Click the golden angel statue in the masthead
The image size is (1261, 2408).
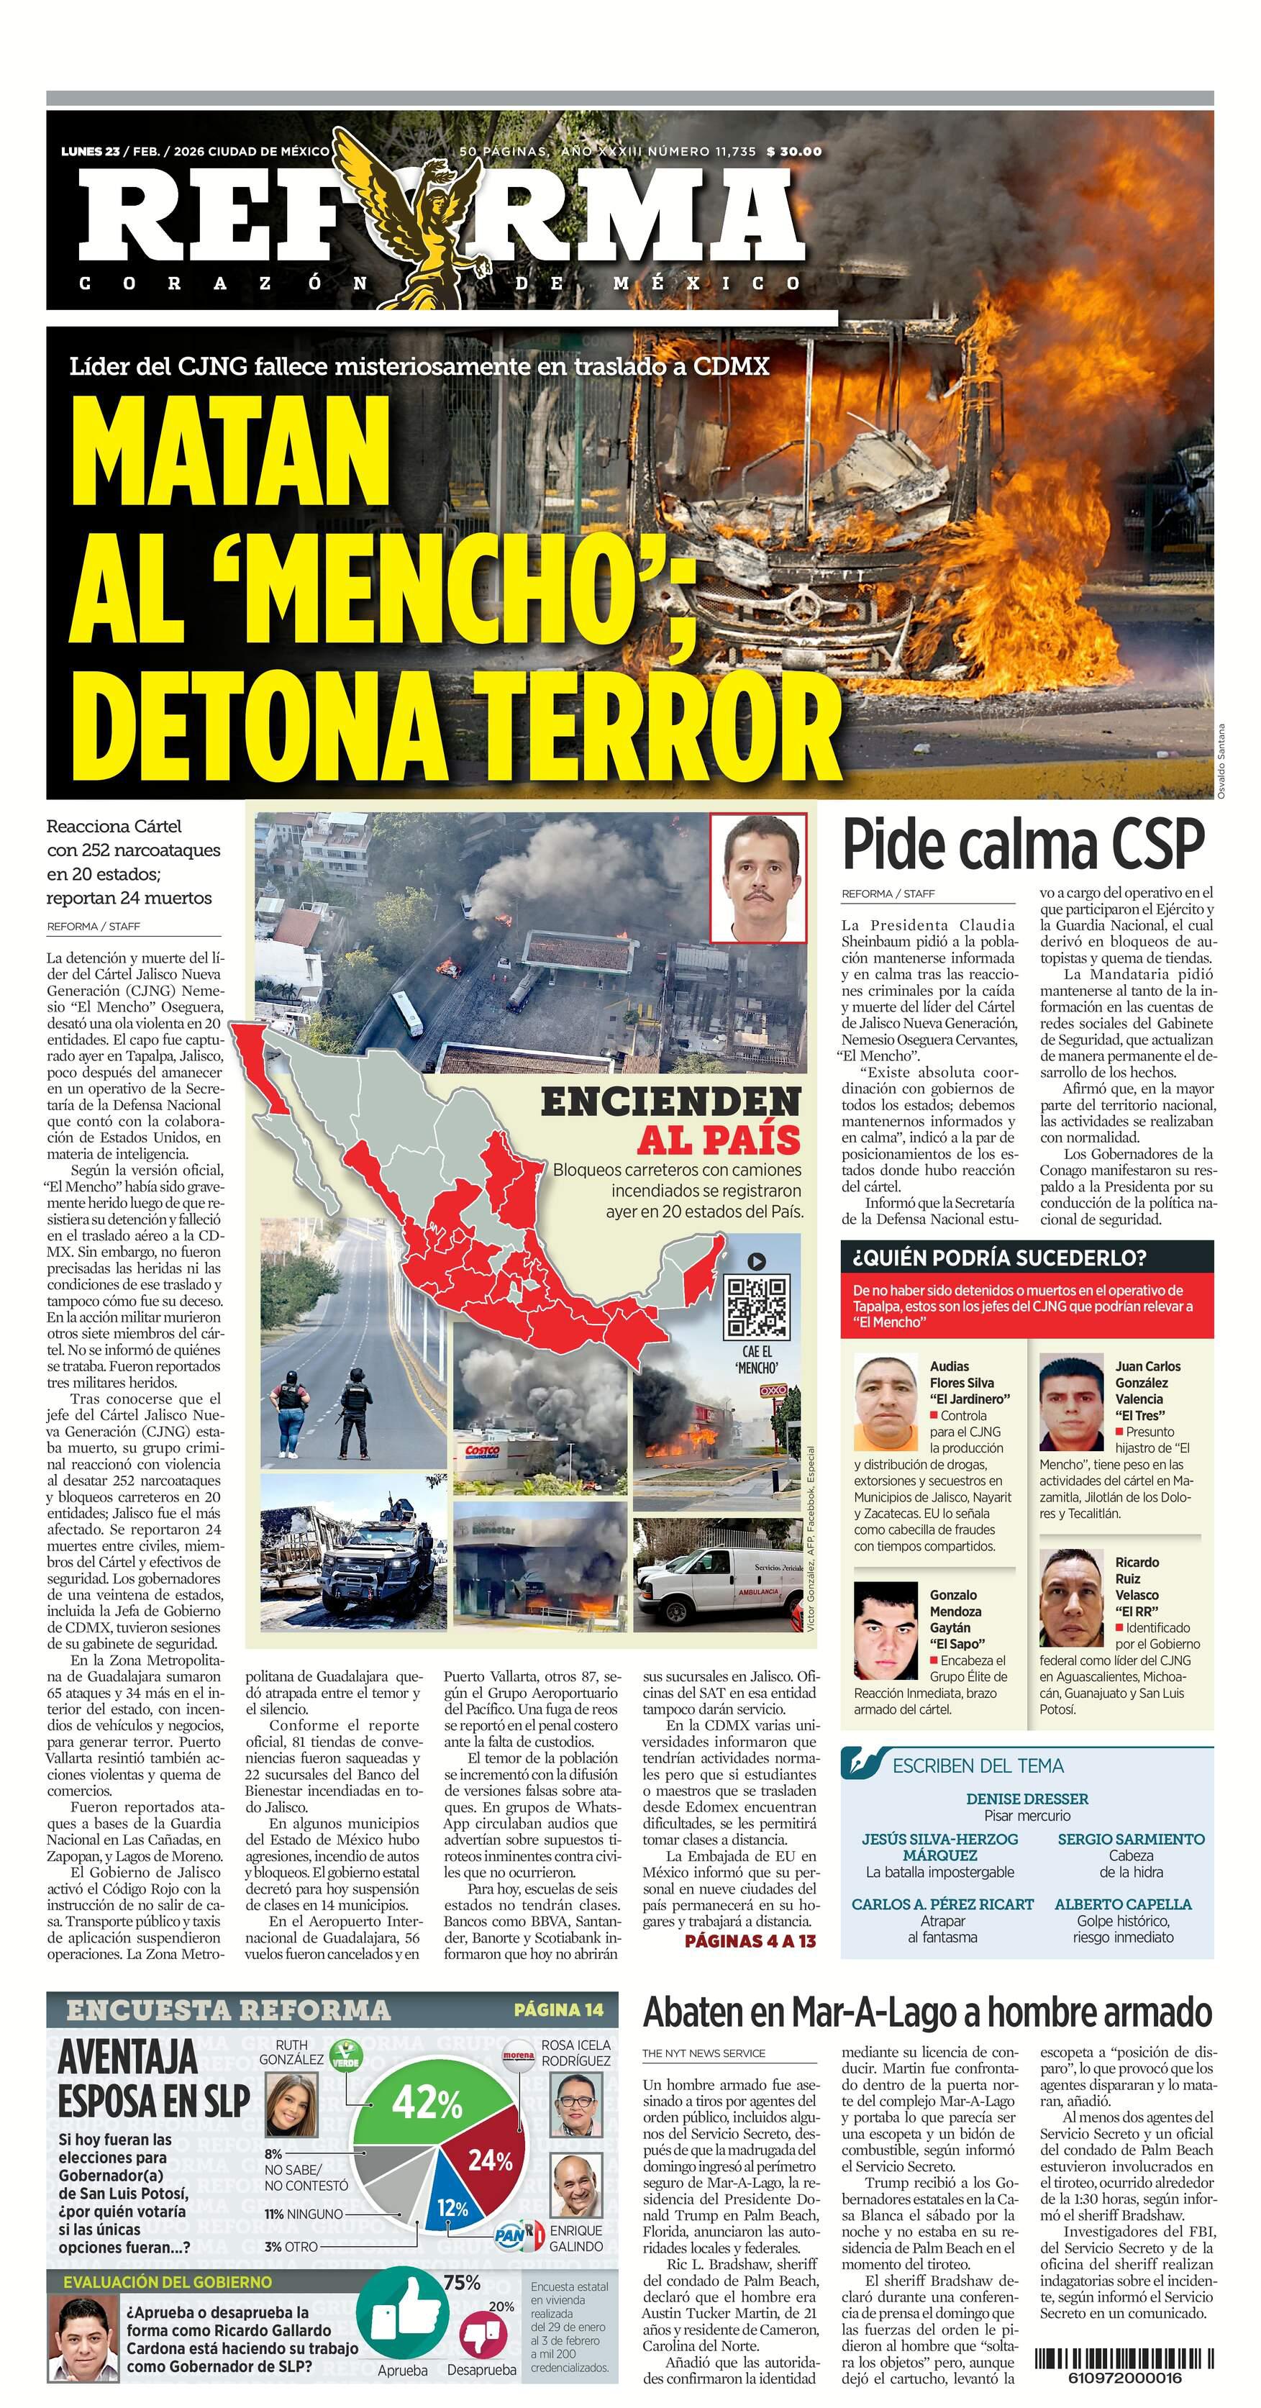(425, 219)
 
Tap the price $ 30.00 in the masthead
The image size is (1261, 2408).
(793, 151)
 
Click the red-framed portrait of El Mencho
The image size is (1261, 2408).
(757, 878)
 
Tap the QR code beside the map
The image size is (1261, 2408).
(758, 1306)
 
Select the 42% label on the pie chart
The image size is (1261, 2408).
(427, 2103)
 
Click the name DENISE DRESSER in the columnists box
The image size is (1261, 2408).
(1026, 1799)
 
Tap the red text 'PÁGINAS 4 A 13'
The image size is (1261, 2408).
(750, 1940)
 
